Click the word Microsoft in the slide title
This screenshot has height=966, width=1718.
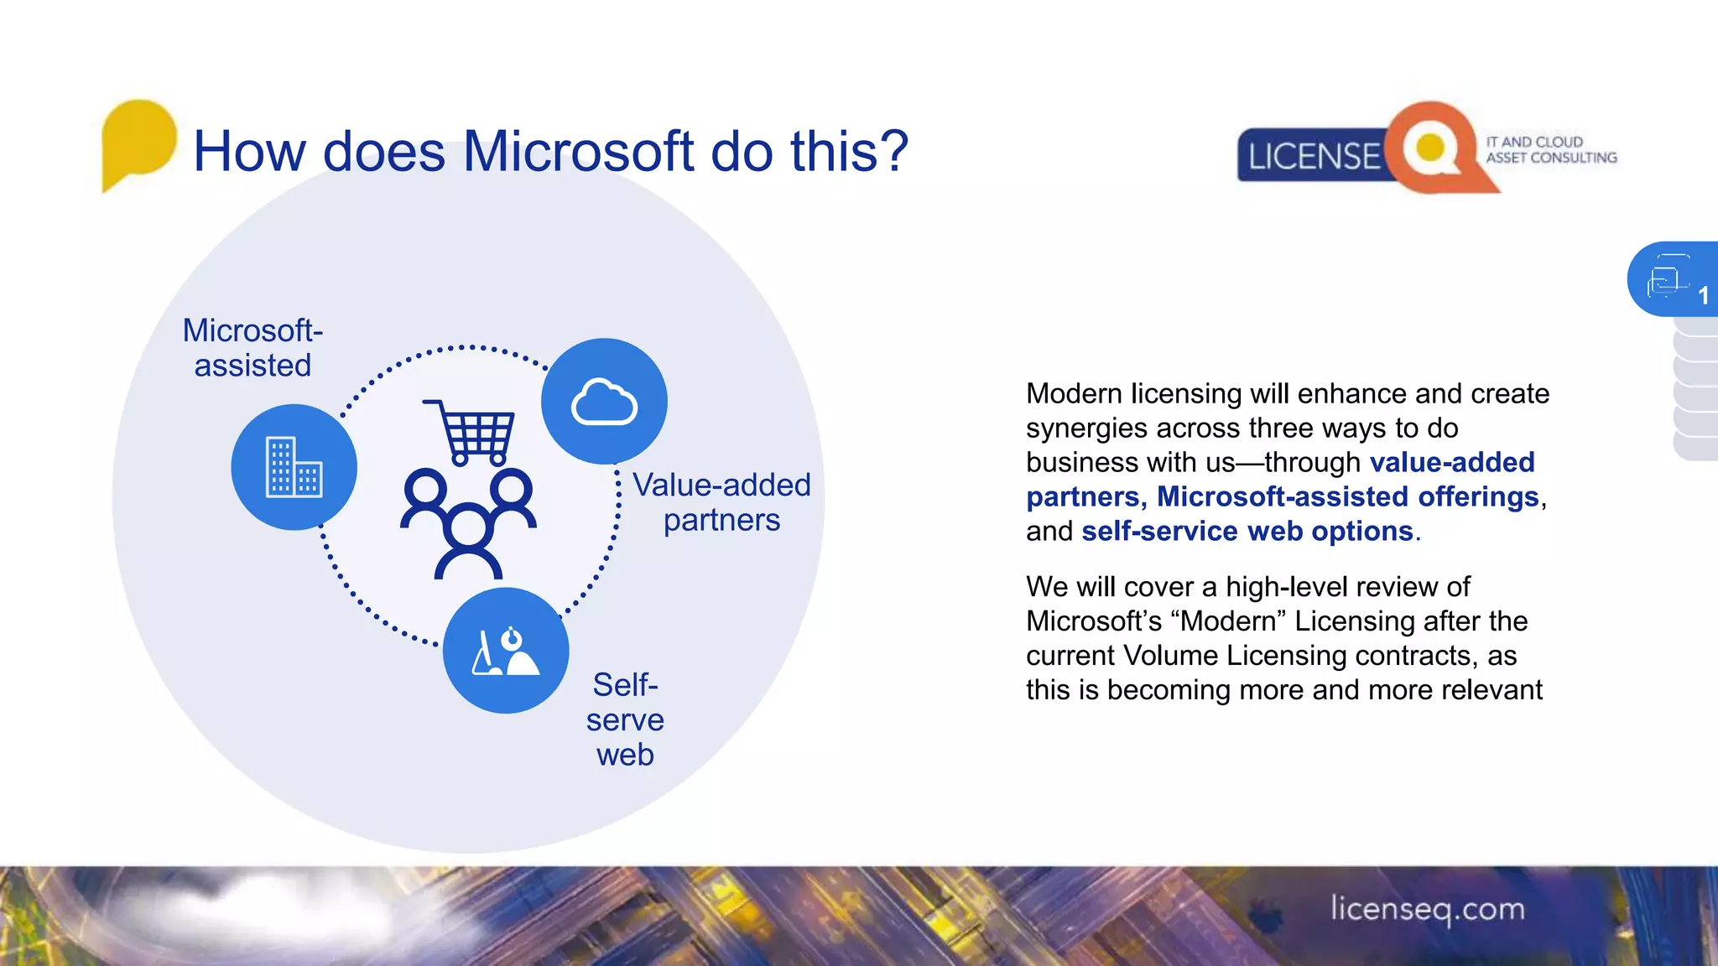pos(578,152)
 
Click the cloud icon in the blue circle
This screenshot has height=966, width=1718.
pos(604,402)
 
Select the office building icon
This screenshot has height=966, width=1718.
pos(294,467)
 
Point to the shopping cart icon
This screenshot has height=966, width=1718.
pos(471,432)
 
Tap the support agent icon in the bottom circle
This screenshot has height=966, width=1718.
pos(507,652)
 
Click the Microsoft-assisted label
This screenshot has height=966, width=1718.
pos(252,348)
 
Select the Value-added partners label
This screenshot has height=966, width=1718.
pos(721,502)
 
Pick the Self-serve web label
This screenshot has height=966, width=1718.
pos(625,719)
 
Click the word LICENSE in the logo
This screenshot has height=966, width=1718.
pos(1314,157)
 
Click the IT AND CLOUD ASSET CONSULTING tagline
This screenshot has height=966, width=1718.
pos(1551,150)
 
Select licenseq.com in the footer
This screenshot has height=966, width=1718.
pos(1428,909)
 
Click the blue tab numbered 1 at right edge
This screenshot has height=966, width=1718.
pos(1673,279)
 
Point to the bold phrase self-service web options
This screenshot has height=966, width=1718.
pos(1247,532)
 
